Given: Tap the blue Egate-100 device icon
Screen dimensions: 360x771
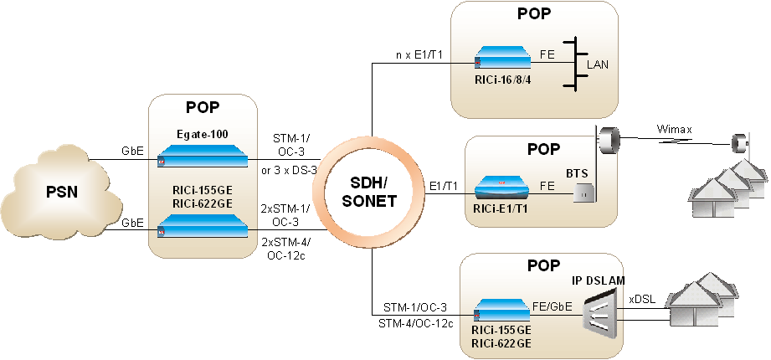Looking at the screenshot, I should point(202,156).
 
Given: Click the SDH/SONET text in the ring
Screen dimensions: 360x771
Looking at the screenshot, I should point(369,193).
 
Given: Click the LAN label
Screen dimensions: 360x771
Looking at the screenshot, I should point(598,64).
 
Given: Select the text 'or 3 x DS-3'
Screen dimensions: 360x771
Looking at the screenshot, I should point(288,172).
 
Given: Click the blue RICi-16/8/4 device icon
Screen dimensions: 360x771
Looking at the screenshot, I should point(501,59).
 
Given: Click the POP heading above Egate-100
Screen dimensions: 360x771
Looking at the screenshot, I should point(202,109).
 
